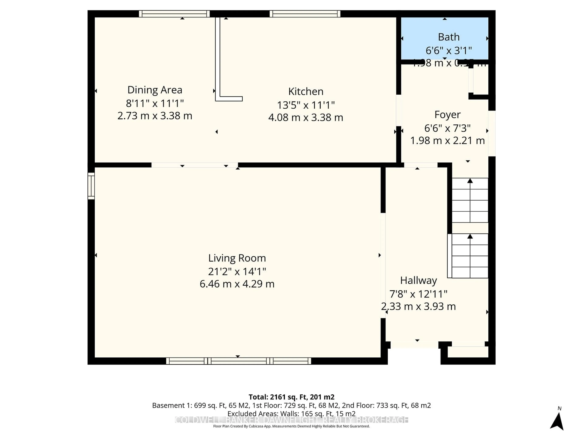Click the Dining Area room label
(x=155, y=90)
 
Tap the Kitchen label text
(x=306, y=92)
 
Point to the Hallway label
(x=418, y=280)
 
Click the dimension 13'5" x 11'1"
(x=306, y=105)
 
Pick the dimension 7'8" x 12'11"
(x=418, y=294)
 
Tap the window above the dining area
(x=174, y=14)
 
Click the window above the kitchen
(x=305, y=14)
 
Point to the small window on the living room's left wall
(x=91, y=186)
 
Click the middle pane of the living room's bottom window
(x=239, y=361)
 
